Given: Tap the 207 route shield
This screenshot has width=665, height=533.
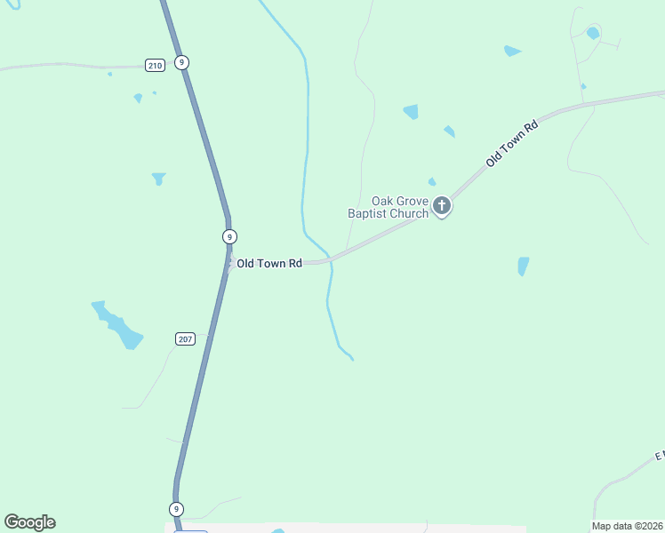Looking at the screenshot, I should click(x=185, y=339).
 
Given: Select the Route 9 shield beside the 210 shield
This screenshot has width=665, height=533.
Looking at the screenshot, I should click(x=181, y=62).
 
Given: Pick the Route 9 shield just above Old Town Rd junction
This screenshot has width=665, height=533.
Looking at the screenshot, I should click(x=229, y=236).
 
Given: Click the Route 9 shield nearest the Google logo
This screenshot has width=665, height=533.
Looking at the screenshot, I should click(x=177, y=509).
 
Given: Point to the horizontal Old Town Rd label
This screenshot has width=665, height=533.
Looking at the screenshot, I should click(x=269, y=264).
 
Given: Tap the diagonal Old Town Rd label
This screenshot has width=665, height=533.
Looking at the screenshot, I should click(x=513, y=144).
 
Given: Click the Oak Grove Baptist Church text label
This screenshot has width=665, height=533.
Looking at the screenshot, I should click(x=388, y=207).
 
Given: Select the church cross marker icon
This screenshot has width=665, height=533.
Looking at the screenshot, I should click(x=442, y=207).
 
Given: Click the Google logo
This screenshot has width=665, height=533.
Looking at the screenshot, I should click(x=29, y=522).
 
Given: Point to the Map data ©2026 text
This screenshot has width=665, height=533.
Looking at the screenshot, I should click(x=628, y=526).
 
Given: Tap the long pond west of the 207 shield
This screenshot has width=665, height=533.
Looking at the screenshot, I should click(x=117, y=325).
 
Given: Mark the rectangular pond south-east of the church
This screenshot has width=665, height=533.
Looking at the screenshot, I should click(x=523, y=266).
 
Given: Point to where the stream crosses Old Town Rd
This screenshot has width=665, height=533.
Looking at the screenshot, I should click(x=330, y=259).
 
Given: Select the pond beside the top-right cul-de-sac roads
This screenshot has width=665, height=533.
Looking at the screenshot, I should click(x=593, y=34).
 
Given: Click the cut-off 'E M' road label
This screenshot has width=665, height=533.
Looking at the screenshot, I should click(x=660, y=456).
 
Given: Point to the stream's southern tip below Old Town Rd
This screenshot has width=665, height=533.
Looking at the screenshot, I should click(x=352, y=359).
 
